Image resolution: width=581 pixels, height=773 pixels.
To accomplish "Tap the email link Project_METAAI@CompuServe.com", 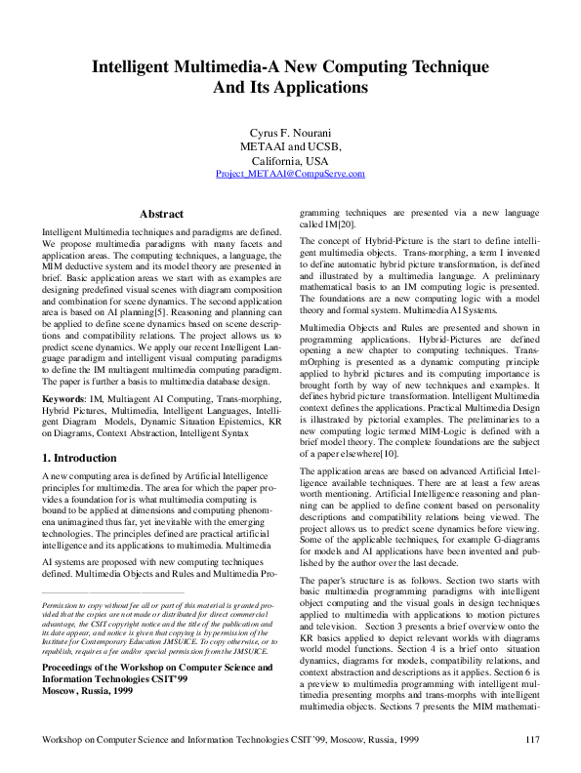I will pyautogui.click(x=290, y=174).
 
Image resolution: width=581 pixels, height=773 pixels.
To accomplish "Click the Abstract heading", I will pyautogui.click(x=161, y=213).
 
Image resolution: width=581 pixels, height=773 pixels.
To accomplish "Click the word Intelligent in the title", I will pyautogui.click(x=137, y=67).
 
